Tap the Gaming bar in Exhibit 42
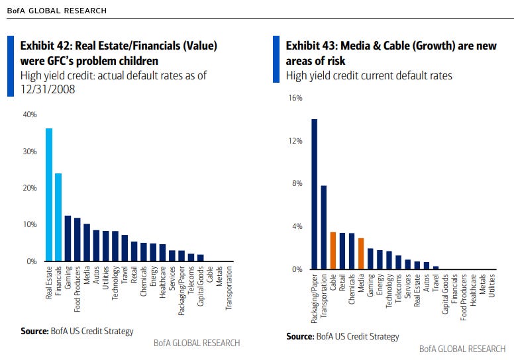coord(68,238)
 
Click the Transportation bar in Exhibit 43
coord(324,228)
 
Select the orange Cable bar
coord(333,251)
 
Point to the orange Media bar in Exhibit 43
coord(361,253)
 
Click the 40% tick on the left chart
coord(30,114)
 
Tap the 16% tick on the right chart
coord(295,98)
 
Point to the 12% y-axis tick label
coord(295,141)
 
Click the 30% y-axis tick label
coord(30,152)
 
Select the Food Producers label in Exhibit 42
coord(77,289)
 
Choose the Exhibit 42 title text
coord(119,54)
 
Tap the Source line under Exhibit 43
coord(342,336)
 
